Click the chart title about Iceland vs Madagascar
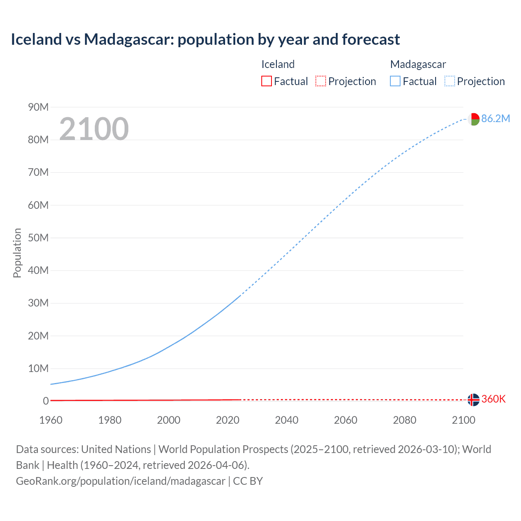(205, 39)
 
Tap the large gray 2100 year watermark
(94, 129)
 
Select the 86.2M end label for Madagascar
(495, 118)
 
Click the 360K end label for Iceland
(493, 399)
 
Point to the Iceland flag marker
(473, 400)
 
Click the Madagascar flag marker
(473, 119)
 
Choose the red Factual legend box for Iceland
(267, 81)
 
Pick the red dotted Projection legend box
(321, 81)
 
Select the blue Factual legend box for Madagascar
(395, 81)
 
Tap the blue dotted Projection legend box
(450, 81)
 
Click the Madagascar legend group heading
(418, 64)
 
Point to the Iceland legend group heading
(278, 64)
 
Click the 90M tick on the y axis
(38, 107)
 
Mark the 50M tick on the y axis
(38, 238)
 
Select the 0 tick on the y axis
(46, 401)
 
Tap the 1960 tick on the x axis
(51, 420)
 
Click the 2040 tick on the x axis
(287, 420)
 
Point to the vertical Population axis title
(17, 253)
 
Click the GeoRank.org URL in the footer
(120, 481)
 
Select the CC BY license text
(248, 481)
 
